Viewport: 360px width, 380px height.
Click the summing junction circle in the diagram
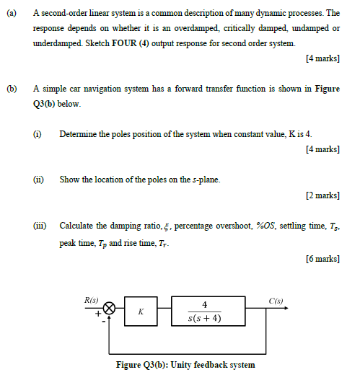[110, 308]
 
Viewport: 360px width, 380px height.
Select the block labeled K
[141, 311]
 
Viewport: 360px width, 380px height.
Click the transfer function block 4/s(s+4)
[206, 311]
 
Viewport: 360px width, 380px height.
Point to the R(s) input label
[92, 298]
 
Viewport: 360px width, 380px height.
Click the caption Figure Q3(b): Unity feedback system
[185, 365]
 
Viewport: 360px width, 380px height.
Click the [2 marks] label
[322, 195]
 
